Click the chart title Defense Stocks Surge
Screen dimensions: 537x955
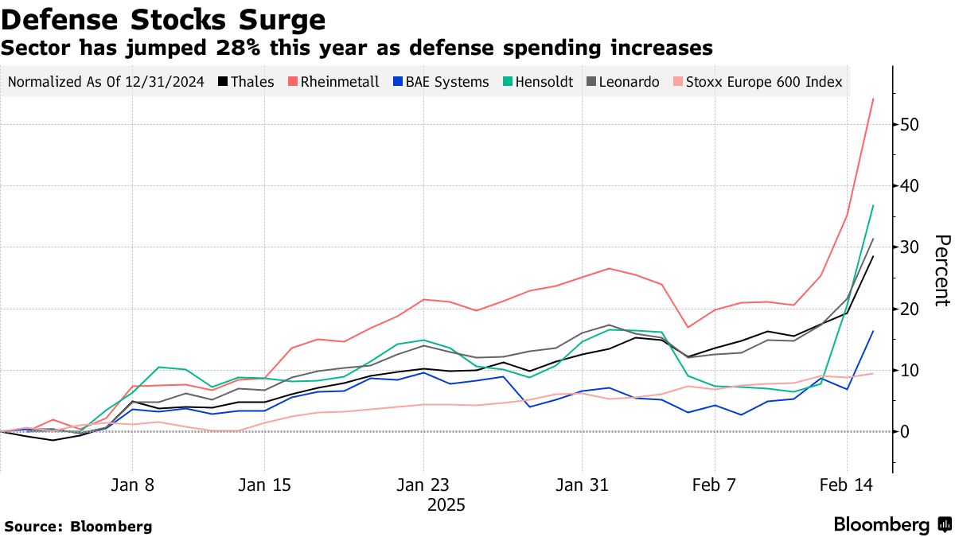[x=163, y=19]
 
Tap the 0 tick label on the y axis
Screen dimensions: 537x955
[x=906, y=431]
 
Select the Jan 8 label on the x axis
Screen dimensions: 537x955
[x=132, y=484]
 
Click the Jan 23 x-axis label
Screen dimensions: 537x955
[x=423, y=484]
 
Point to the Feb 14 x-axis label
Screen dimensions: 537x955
[x=847, y=484]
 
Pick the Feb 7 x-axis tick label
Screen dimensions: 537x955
[x=715, y=484]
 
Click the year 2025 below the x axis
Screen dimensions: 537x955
[x=446, y=505]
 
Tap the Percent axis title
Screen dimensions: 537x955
[x=941, y=270]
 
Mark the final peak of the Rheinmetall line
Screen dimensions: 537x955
[x=873, y=99]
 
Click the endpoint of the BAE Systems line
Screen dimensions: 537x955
[x=873, y=331]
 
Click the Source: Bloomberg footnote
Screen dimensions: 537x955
[x=77, y=526]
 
